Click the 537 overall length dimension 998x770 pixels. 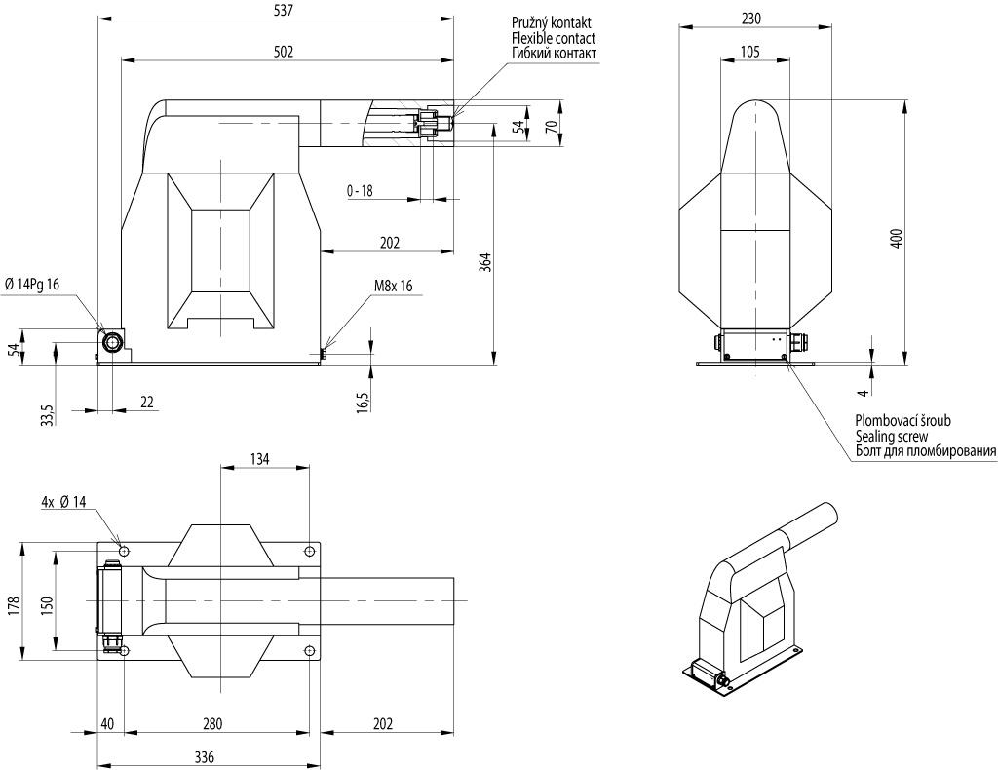click(x=283, y=11)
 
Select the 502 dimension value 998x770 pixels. click(x=284, y=53)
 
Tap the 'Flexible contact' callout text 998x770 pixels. click(x=554, y=38)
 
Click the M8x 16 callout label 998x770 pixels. click(x=394, y=286)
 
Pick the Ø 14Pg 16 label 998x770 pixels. click(x=32, y=285)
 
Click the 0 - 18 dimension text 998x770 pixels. click(x=360, y=190)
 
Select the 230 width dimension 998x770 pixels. click(x=751, y=19)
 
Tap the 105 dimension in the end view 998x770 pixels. click(x=750, y=52)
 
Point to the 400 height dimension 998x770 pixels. click(x=897, y=238)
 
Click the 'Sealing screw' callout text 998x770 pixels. click(x=892, y=437)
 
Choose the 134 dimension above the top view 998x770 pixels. click(x=259, y=459)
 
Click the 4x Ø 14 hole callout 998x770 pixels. click(x=63, y=502)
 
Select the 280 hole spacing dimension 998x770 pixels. click(x=212, y=724)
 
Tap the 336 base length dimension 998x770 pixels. click(x=205, y=757)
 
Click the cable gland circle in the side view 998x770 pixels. click(x=113, y=343)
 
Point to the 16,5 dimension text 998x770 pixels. click(x=363, y=403)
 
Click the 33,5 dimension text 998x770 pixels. click(x=48, y=414)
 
